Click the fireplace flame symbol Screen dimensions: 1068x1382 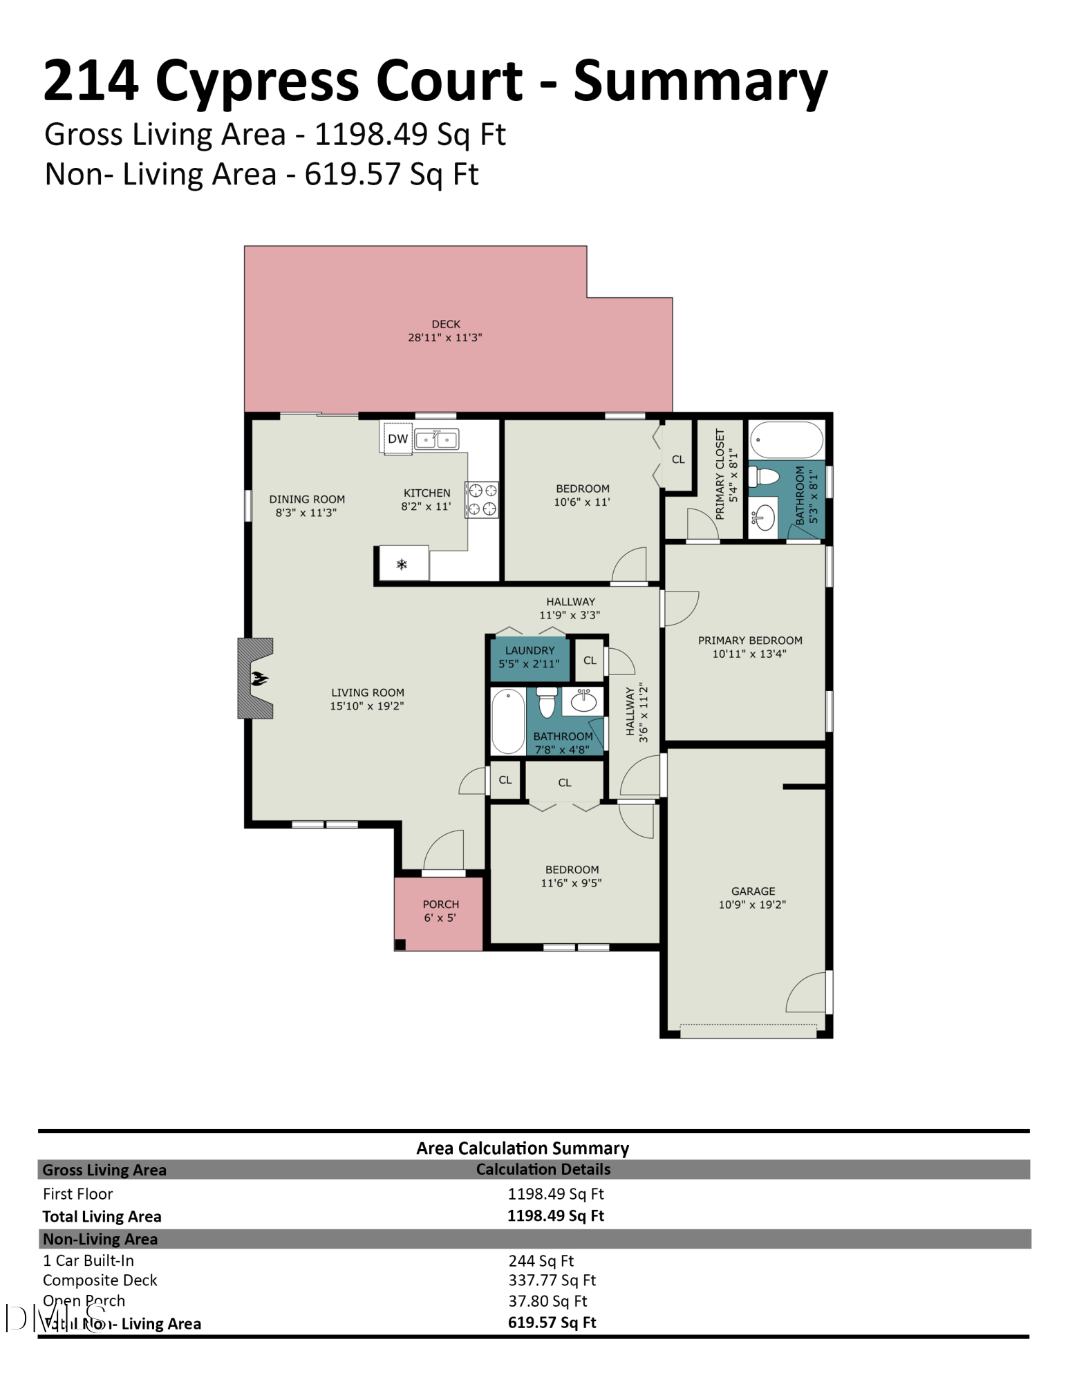259,678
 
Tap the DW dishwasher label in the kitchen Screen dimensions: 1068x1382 397,438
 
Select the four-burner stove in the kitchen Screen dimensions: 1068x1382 482,500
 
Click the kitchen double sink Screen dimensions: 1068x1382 436,439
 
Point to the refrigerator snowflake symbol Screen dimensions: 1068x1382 402,565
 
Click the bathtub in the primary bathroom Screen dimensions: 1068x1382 787,439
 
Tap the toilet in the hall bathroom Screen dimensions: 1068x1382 547,702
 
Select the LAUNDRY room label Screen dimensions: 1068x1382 530,650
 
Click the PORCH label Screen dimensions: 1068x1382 441,904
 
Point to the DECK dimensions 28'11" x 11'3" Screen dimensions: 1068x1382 445,337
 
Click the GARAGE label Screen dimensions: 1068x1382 753,891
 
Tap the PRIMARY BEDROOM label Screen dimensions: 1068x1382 750,641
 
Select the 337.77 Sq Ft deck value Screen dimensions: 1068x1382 552,1280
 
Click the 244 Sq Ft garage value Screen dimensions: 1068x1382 541,1260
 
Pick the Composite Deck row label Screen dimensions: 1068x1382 100,1280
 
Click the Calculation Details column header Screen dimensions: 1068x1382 543,1169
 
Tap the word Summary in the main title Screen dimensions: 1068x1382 700,82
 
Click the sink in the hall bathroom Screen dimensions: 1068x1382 583,701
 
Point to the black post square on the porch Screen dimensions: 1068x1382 400,945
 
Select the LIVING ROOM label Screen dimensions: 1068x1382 367,692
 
